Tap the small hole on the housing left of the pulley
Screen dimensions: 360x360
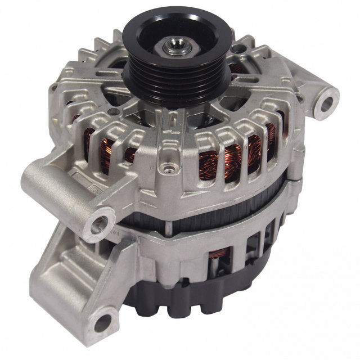click(x=115, y=113)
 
